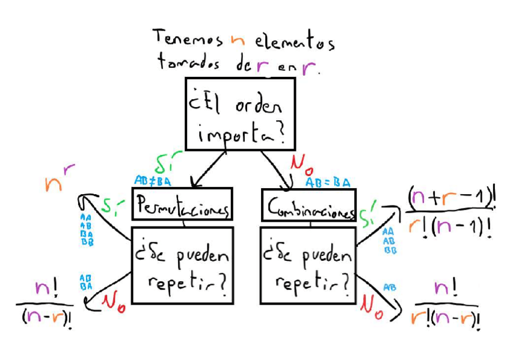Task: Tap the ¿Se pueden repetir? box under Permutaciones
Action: [x=181, y=265]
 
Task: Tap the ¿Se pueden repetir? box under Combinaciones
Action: [x=307, y=265]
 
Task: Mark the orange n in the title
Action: [x=239, y=41]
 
